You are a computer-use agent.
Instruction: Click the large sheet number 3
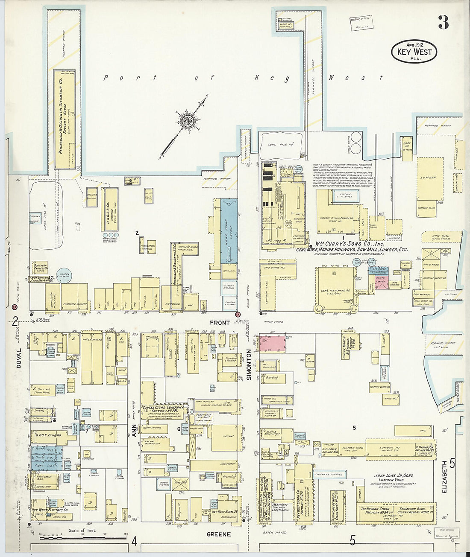443,22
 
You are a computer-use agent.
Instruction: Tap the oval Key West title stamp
414,52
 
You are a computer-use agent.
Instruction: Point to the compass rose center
187,121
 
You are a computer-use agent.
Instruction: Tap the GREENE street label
218,534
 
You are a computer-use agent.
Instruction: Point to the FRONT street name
220,323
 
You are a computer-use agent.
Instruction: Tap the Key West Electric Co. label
50,510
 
